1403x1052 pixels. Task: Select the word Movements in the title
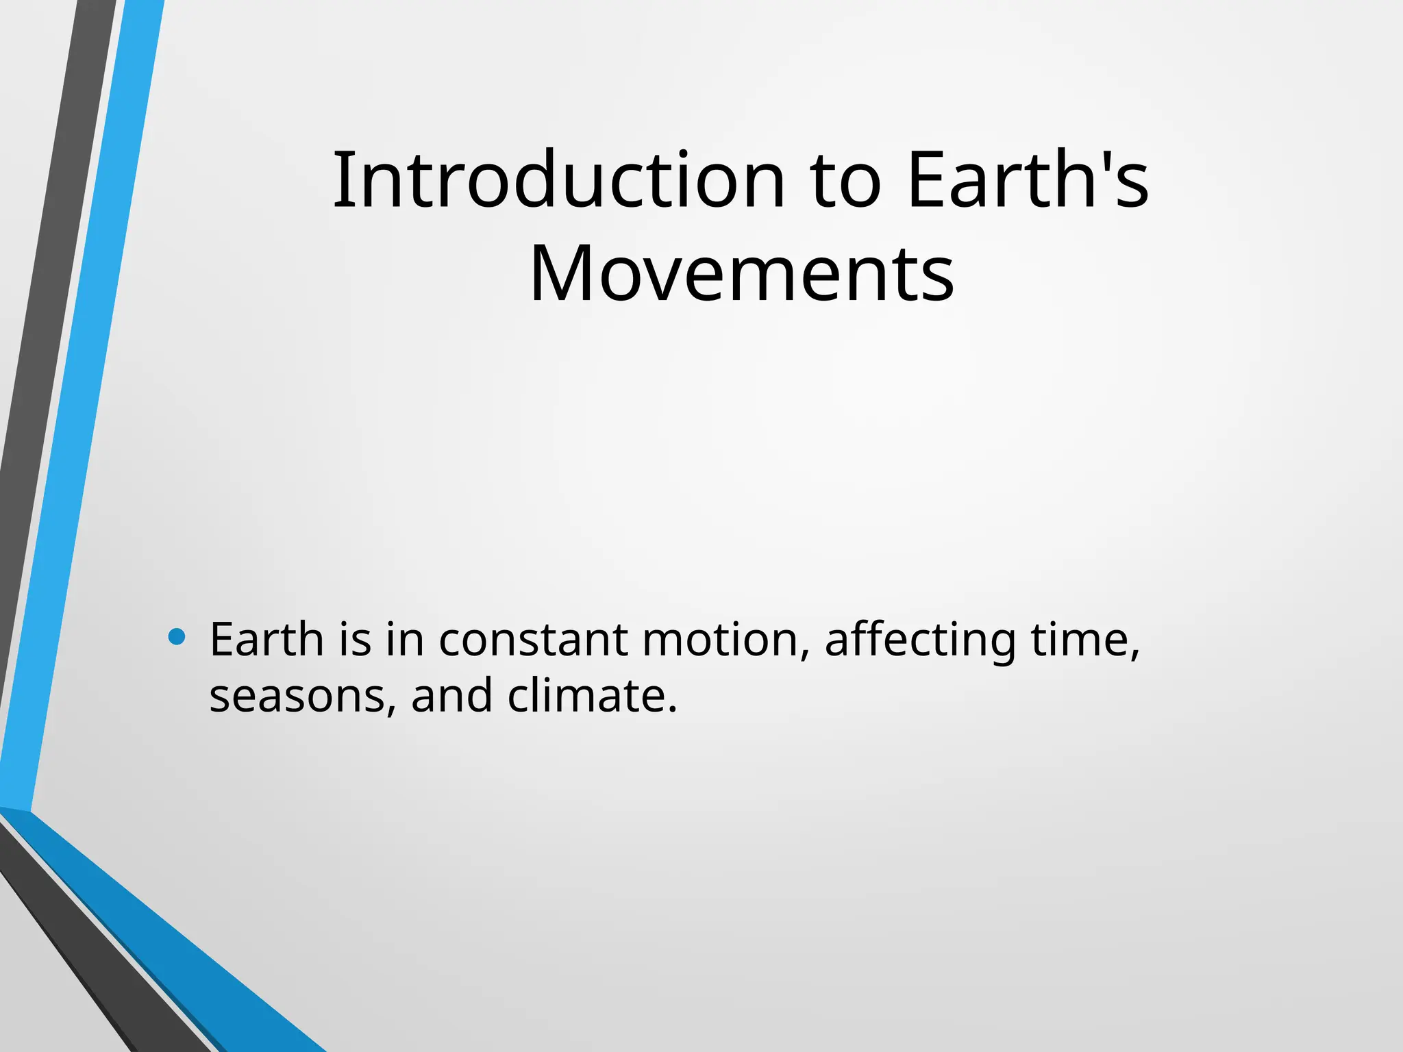[x=742, y=274]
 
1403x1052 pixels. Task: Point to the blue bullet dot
[x=177, y=637]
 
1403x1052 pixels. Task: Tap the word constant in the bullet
[x=532, y=640]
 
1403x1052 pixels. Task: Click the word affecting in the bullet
[x=920, y=640]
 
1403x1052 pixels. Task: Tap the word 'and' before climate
[x=451, y=695]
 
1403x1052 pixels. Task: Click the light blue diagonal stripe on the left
[x=82, y=411]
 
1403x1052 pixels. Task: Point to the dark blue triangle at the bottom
[x=171, y=945]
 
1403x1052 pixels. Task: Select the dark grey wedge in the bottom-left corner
[x=89, y=973]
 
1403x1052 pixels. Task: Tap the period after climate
[x=671, y=709]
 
